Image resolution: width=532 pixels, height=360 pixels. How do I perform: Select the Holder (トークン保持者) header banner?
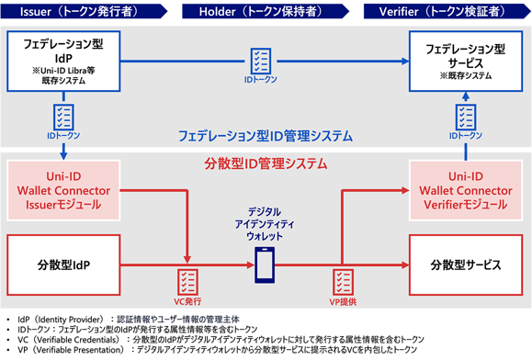click(265, 11)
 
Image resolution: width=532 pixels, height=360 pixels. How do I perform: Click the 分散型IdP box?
click(64, 265)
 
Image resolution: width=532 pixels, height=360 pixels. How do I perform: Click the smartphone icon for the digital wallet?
click(264, 265)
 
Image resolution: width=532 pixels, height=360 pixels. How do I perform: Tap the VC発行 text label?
click(188, 299)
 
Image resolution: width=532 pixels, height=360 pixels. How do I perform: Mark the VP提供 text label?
click(341, 299)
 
